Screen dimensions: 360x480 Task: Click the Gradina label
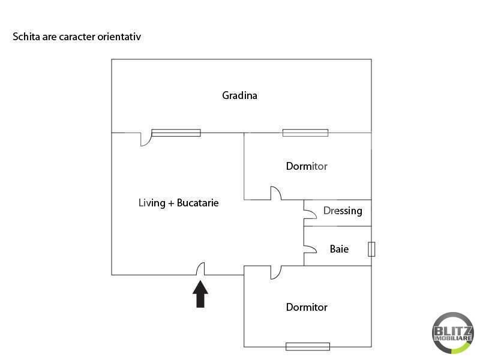point(239,95)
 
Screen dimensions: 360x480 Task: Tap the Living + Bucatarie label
point(178,203)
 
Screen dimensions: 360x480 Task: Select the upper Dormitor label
point(307,166)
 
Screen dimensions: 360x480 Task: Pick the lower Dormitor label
point(307,307)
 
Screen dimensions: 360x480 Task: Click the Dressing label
point(343,211)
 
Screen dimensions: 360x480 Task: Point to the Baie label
point(339,248)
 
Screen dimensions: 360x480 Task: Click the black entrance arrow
point(200,295)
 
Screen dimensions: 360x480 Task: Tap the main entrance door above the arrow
point(202,269)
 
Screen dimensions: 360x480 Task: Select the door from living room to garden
point(145,139)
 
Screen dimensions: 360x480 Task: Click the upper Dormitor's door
point(276,194)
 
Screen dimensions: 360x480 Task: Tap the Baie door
point(310,248)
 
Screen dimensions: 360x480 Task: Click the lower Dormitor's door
point(275,272)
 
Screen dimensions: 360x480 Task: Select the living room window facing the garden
point(176,133)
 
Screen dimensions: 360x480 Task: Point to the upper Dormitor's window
point(305,133)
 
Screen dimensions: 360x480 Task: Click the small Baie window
point(371,249)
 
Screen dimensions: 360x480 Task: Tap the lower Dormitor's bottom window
point(307,346)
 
